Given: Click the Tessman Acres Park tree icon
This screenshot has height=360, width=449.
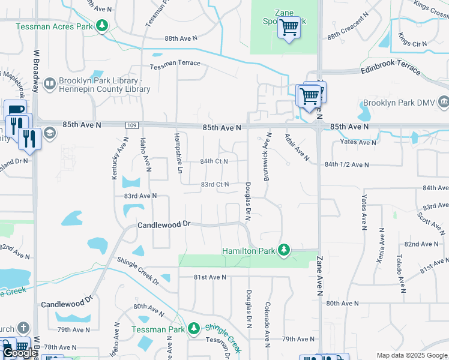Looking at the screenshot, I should (103, 25).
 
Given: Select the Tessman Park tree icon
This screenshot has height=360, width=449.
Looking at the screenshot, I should (193, 328).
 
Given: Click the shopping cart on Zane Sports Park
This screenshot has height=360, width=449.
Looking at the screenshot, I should (289, 28).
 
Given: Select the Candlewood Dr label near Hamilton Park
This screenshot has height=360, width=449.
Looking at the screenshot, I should (164, 224).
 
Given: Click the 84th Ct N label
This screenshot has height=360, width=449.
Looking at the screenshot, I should (214, 161).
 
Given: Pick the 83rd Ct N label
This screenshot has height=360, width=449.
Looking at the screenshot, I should (214, 184).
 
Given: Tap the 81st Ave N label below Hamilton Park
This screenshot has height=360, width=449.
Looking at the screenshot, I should (209, 277).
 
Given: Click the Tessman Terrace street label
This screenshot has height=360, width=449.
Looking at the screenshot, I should (175, 66).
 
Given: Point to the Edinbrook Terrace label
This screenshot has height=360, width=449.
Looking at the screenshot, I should (391, 70).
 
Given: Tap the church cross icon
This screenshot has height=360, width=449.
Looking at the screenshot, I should (23, 328).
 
